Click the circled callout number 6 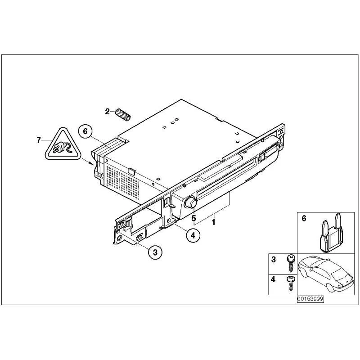pos(85,131)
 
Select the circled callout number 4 pos(193,235)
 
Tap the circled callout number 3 pos(155,252)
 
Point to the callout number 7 pos(39,140)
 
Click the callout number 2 pos(107,112)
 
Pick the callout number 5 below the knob pos(193,218)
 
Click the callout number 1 pos(213,222)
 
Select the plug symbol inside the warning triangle pos(62,147)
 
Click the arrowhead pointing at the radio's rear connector pos(91,163)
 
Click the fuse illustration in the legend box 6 pos(330,233)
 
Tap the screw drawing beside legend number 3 pos(291,263)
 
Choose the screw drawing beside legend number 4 pos(291,283)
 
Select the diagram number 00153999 pos(310,299)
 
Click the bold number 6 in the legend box pos(304,218)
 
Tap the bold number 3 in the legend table pos(273,260)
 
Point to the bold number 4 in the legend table pos(273,279)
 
